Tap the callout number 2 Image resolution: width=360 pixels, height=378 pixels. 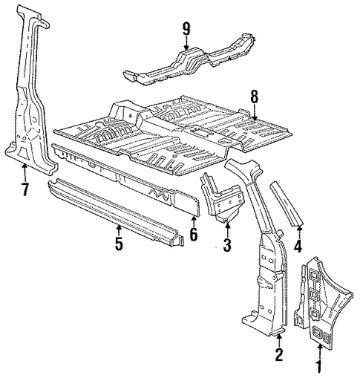[279, 354]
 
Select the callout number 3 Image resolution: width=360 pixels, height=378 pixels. [227, 245]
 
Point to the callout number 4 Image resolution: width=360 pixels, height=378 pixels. [298, 246]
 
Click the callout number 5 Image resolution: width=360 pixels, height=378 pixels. [119, 243]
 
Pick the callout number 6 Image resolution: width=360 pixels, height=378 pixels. [194, 234]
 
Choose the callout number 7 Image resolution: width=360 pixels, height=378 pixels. [25, 189]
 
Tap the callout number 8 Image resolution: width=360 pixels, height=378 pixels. [255, 97]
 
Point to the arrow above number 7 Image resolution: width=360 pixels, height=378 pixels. [24, 173]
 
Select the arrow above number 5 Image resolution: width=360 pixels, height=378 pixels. [119, 230]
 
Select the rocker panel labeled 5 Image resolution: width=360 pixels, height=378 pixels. [116, 212]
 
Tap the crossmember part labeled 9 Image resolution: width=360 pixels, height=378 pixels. [189, 59]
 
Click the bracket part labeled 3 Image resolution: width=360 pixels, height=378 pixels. [221, 198]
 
